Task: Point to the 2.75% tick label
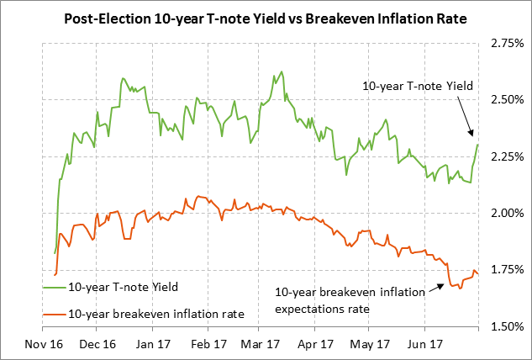[503, 42]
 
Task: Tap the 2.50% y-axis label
[503, 99]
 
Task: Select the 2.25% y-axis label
[503, 156]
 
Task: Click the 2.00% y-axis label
[503, 213]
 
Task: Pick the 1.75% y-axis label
[503, 270]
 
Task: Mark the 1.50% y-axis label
[503, 326]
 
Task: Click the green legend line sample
[52, 288]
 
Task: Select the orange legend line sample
[52, 314]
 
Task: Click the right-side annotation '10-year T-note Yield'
[416, 86]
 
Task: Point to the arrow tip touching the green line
[473, 135]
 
